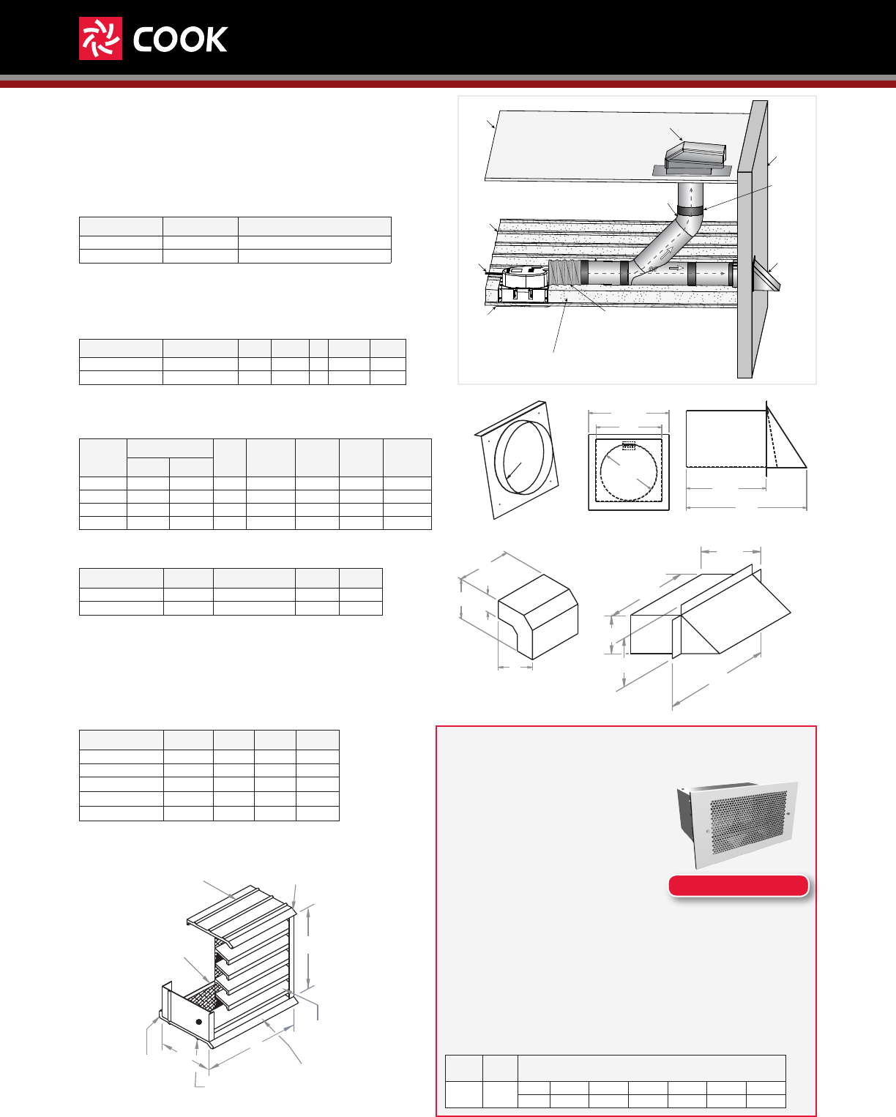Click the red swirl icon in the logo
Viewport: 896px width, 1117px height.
pos(100,39)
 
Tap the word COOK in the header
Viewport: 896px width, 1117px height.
pos(180,40)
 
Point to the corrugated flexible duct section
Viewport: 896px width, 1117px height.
pos(567,273)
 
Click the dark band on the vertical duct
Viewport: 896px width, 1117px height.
pos(690,211)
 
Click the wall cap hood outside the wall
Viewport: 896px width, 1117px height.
pos(766,275)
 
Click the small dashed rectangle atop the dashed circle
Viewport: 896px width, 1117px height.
pos(629,445)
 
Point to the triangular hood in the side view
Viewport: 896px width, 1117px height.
pos(785,443)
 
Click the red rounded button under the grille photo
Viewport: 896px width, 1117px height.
pos(739,886)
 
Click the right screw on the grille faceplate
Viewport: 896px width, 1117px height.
pos(788,813)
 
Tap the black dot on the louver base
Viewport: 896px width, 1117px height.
pos(199,1021)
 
